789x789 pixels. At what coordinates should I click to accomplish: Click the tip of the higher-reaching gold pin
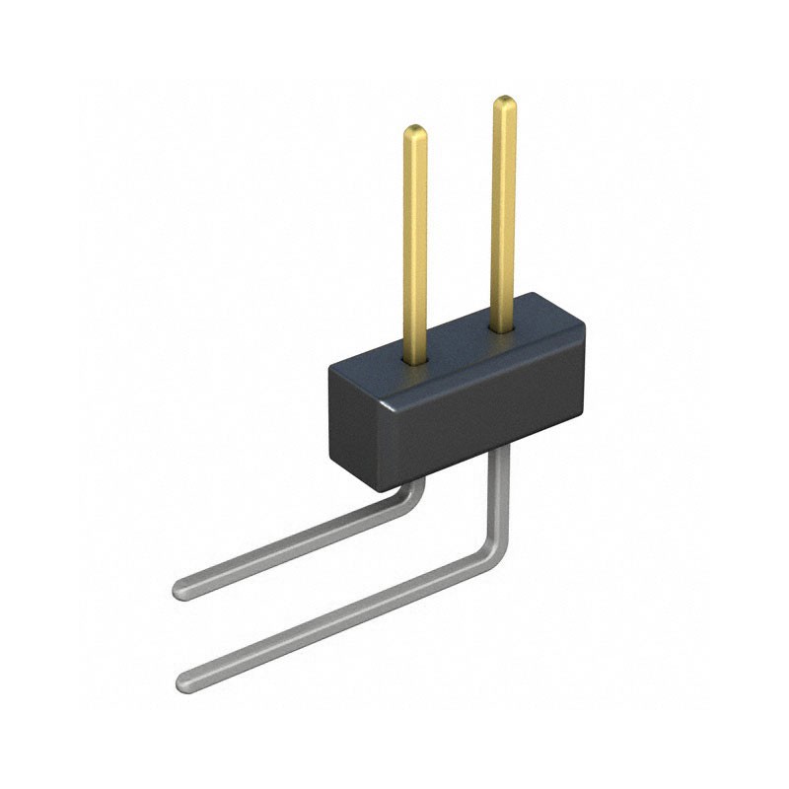504,101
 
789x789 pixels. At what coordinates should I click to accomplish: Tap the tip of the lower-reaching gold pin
415,130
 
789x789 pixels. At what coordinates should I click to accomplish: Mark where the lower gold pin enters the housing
415,359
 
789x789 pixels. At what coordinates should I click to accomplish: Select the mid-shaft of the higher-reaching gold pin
504,212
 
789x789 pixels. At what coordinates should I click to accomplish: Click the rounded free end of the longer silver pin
184,681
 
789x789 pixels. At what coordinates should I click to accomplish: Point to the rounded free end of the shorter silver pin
181,590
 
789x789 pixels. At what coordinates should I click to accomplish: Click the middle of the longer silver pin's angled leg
335,616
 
